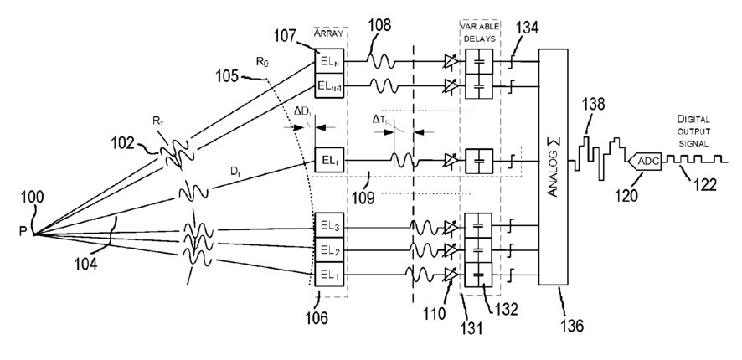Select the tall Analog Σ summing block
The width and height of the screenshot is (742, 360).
(554, 167)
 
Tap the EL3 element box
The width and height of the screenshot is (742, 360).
(329, 228)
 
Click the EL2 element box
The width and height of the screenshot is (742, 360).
(329, 250)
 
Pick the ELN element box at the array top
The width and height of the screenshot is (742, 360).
(329, 61)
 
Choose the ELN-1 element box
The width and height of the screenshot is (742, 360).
(329, 85)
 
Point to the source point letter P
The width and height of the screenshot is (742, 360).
(23, 232)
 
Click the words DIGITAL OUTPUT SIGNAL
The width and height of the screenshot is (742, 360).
(693, 131)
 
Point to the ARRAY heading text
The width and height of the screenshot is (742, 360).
(329, 33)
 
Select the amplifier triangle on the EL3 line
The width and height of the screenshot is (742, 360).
(451, 228)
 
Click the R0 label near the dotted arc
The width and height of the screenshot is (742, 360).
(260, 60)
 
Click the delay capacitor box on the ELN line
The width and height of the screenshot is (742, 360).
(479, 61)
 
